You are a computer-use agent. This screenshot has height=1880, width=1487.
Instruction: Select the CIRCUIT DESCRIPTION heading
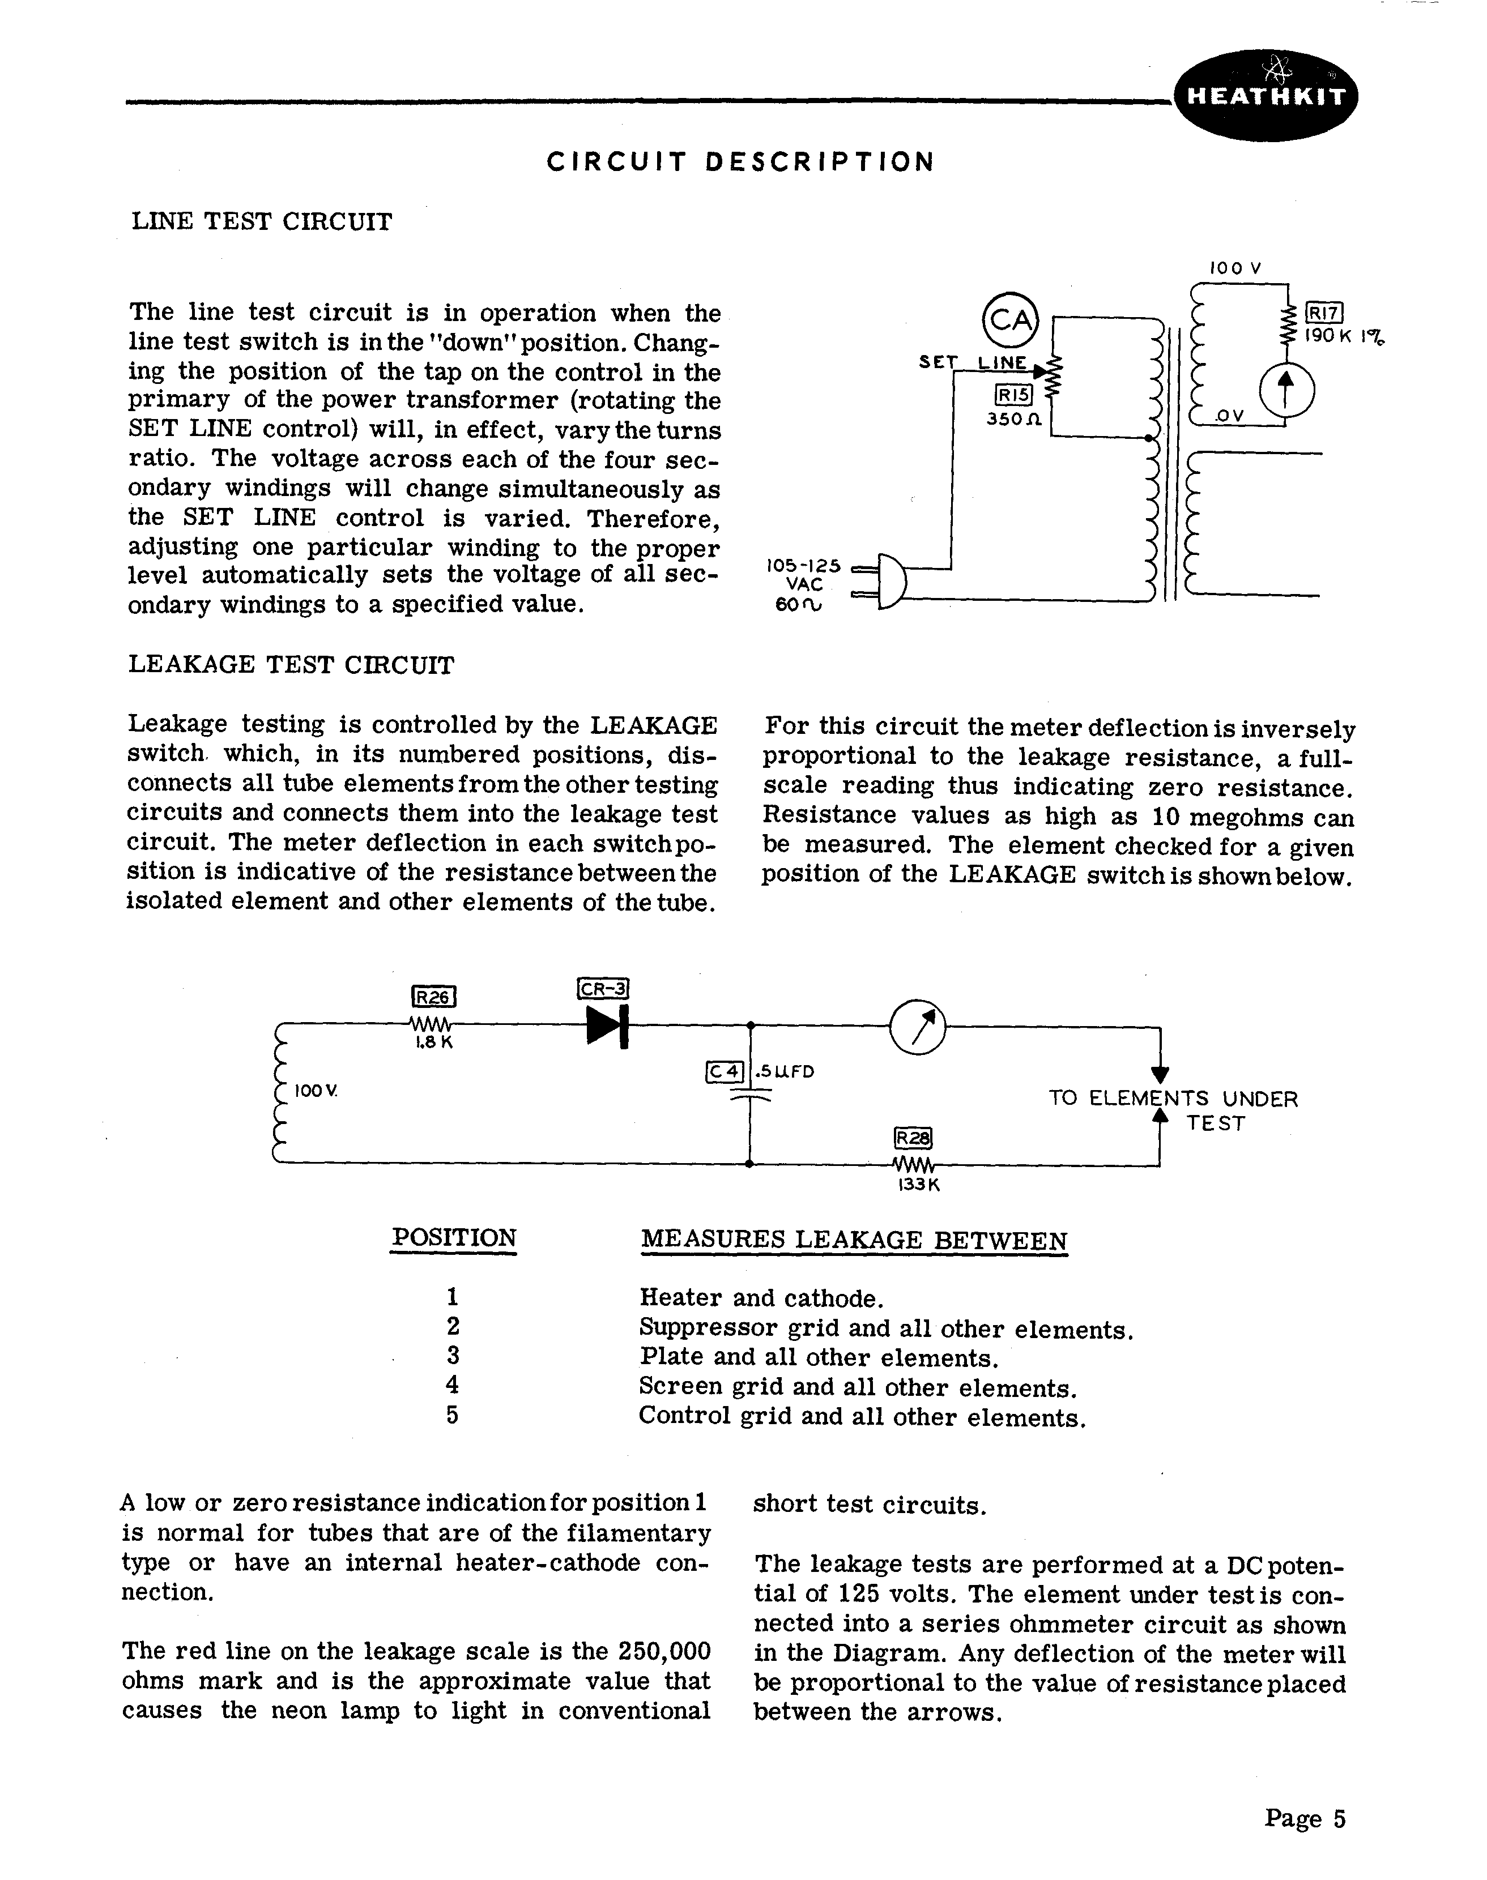click(741, 162)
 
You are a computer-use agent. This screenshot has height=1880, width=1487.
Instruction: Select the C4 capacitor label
click(725, 1071)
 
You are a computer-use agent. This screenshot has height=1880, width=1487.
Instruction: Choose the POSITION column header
click(454, 1238)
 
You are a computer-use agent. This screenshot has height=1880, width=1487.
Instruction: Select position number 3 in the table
click(452, 1356)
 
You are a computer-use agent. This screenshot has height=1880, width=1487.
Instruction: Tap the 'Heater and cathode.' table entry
click(762, 1298)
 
